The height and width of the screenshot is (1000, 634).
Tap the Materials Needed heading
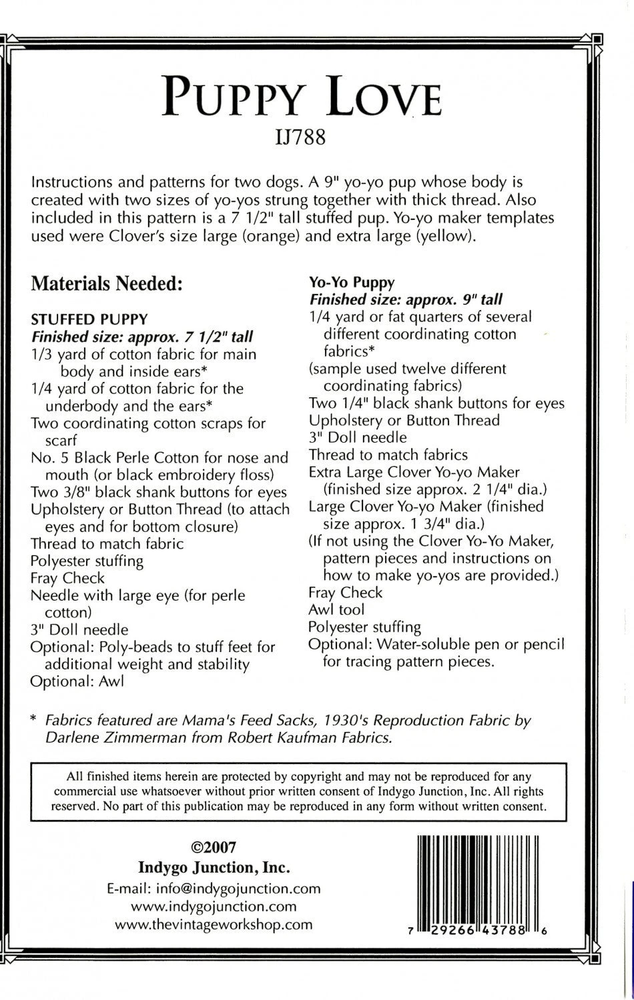click(x=107, y=284)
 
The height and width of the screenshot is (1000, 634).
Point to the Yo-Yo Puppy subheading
click(x=352, y=282)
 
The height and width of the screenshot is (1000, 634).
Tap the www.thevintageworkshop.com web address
click(x=214, y=924)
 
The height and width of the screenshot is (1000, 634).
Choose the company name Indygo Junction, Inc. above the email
click(x=214, y=868)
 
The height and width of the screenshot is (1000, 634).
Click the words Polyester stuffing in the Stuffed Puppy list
click(x=87, y=561)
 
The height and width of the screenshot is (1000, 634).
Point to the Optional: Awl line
click(x=77, y=681)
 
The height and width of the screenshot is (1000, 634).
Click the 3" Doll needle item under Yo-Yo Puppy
click(x=358, y=438)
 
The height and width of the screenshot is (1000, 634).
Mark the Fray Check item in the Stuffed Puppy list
click(x=67, y=578)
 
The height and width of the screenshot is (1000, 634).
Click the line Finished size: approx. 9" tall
click(x=406, y=299)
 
